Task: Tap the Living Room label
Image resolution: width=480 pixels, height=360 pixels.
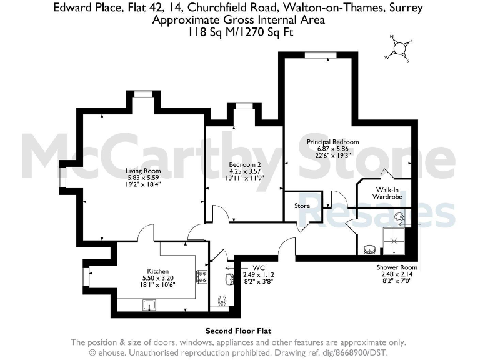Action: [144, 171]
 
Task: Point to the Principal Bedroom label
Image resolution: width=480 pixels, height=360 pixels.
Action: [332, 142]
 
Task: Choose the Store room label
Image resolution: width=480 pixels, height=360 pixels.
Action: [302, 205]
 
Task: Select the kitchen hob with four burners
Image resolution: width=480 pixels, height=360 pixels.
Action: [202, 277]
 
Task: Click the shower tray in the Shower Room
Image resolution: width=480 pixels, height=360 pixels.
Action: [397, 239]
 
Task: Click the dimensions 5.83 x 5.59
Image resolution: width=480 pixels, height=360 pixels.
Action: [144, 177]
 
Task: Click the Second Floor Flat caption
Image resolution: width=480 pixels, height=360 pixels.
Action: [239, 331]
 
